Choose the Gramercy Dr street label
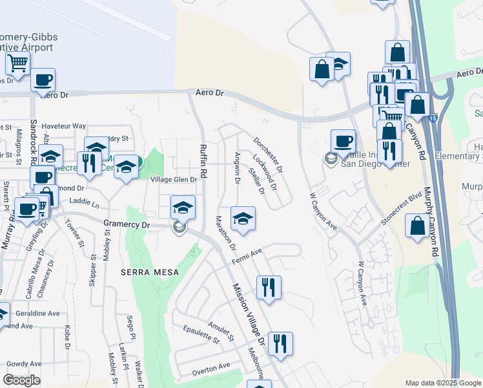tap(127, 224)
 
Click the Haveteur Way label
tap(63, 126)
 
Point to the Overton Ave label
tap(211, 369)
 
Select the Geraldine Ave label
tap(39, 314)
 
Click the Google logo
tap(22, 380)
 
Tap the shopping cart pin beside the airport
tap(17, 63)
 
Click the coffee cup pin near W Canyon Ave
tap(343, 140)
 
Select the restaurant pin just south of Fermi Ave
tap(269, 286)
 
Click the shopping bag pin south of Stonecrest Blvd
tap(417, 226)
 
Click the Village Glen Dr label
tap(173, 179)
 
